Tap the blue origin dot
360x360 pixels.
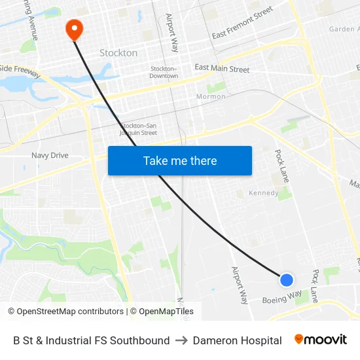(x=286, y=280)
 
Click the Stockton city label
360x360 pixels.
(x=118, y=52)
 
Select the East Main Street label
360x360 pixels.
(x=222, y=69)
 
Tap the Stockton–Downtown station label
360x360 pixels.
(x=164, y=72)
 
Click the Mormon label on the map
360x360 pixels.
(x=211, y=97)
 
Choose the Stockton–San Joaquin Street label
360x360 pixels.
(x=139, y=129)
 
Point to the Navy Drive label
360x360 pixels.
(x=50, y=156)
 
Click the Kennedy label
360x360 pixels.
(x=264, y=194)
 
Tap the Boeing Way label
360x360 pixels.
(x=282, y=297)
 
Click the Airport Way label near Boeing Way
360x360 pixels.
(x=240, y=285)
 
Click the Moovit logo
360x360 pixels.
(x=321, y=340)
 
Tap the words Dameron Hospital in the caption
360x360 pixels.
(x=237, y=340)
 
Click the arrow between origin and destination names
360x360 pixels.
(x=181, y=340)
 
